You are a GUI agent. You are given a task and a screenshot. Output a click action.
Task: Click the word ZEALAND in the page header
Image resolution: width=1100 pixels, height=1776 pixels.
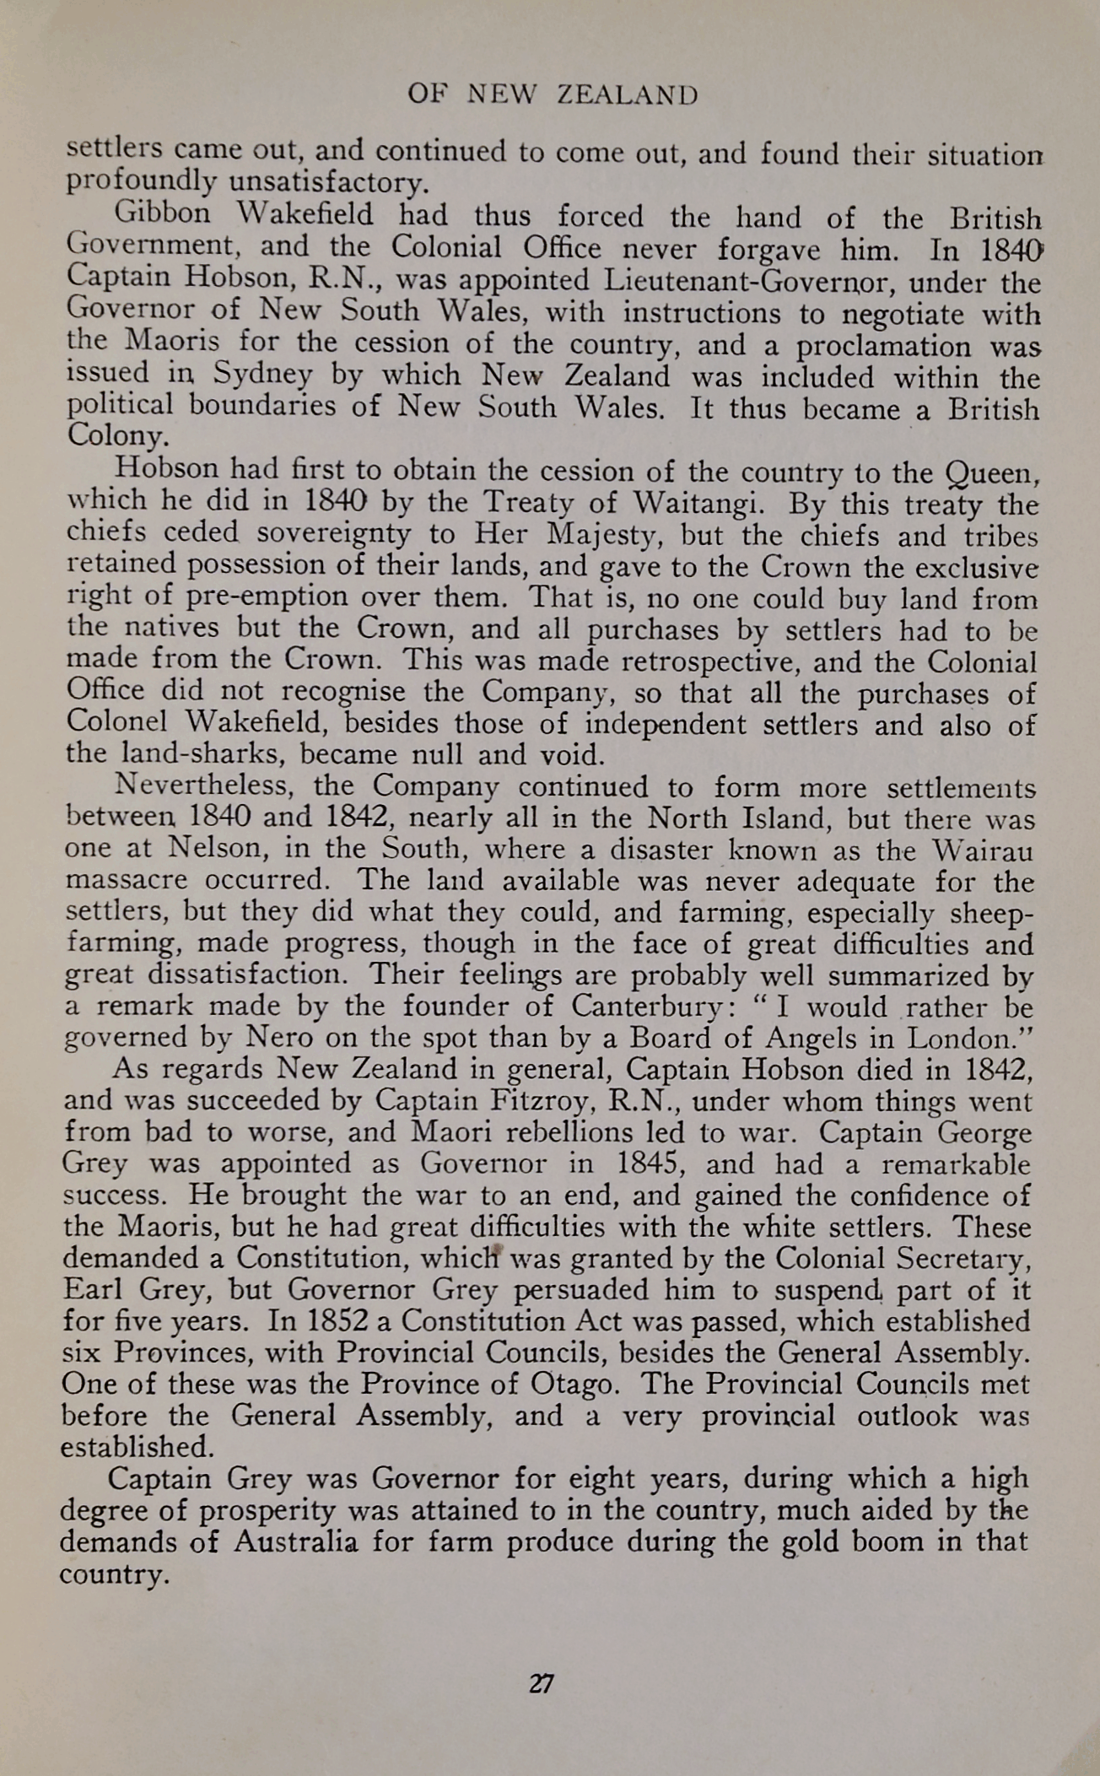(x=628, y=95)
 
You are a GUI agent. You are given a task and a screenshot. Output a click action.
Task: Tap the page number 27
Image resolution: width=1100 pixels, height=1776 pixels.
(x=541, y=1684)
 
